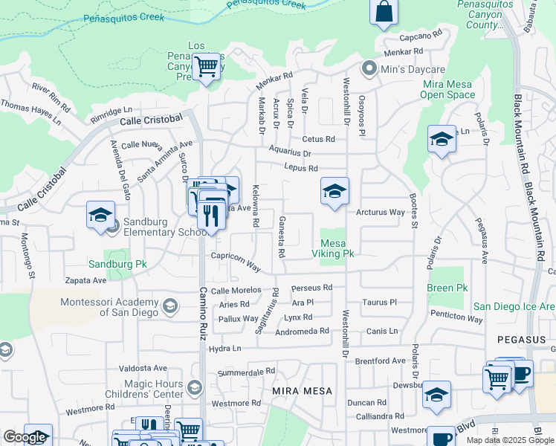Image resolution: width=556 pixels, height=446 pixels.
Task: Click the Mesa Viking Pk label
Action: [x=337, y=248]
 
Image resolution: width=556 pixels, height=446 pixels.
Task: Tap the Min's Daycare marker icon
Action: [x=368, y=69]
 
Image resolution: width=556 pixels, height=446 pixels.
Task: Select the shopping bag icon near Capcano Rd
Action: [x=384, y=12]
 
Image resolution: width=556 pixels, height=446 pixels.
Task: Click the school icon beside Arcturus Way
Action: [x=334, y=191]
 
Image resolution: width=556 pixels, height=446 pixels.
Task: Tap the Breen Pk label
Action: [x=447, y=288]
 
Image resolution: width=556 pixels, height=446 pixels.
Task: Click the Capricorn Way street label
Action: [x=236, y=263]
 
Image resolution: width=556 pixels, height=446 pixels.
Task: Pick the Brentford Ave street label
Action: [x=380, y=361]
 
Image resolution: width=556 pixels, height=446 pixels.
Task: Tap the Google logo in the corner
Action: [x=25, y=437]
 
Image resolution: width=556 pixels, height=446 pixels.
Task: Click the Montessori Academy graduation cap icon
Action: [x=170, y=306]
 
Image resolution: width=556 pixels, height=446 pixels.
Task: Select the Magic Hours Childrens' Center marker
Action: [x=195, y=387]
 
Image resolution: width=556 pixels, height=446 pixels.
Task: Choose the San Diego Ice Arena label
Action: [x=514, y=306]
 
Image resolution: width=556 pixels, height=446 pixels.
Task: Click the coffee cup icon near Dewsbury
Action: [x=520, y=373]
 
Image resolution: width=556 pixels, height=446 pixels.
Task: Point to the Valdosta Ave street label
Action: [x=143, y=368]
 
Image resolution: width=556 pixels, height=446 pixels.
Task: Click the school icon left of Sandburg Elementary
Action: [x=100, y=215]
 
